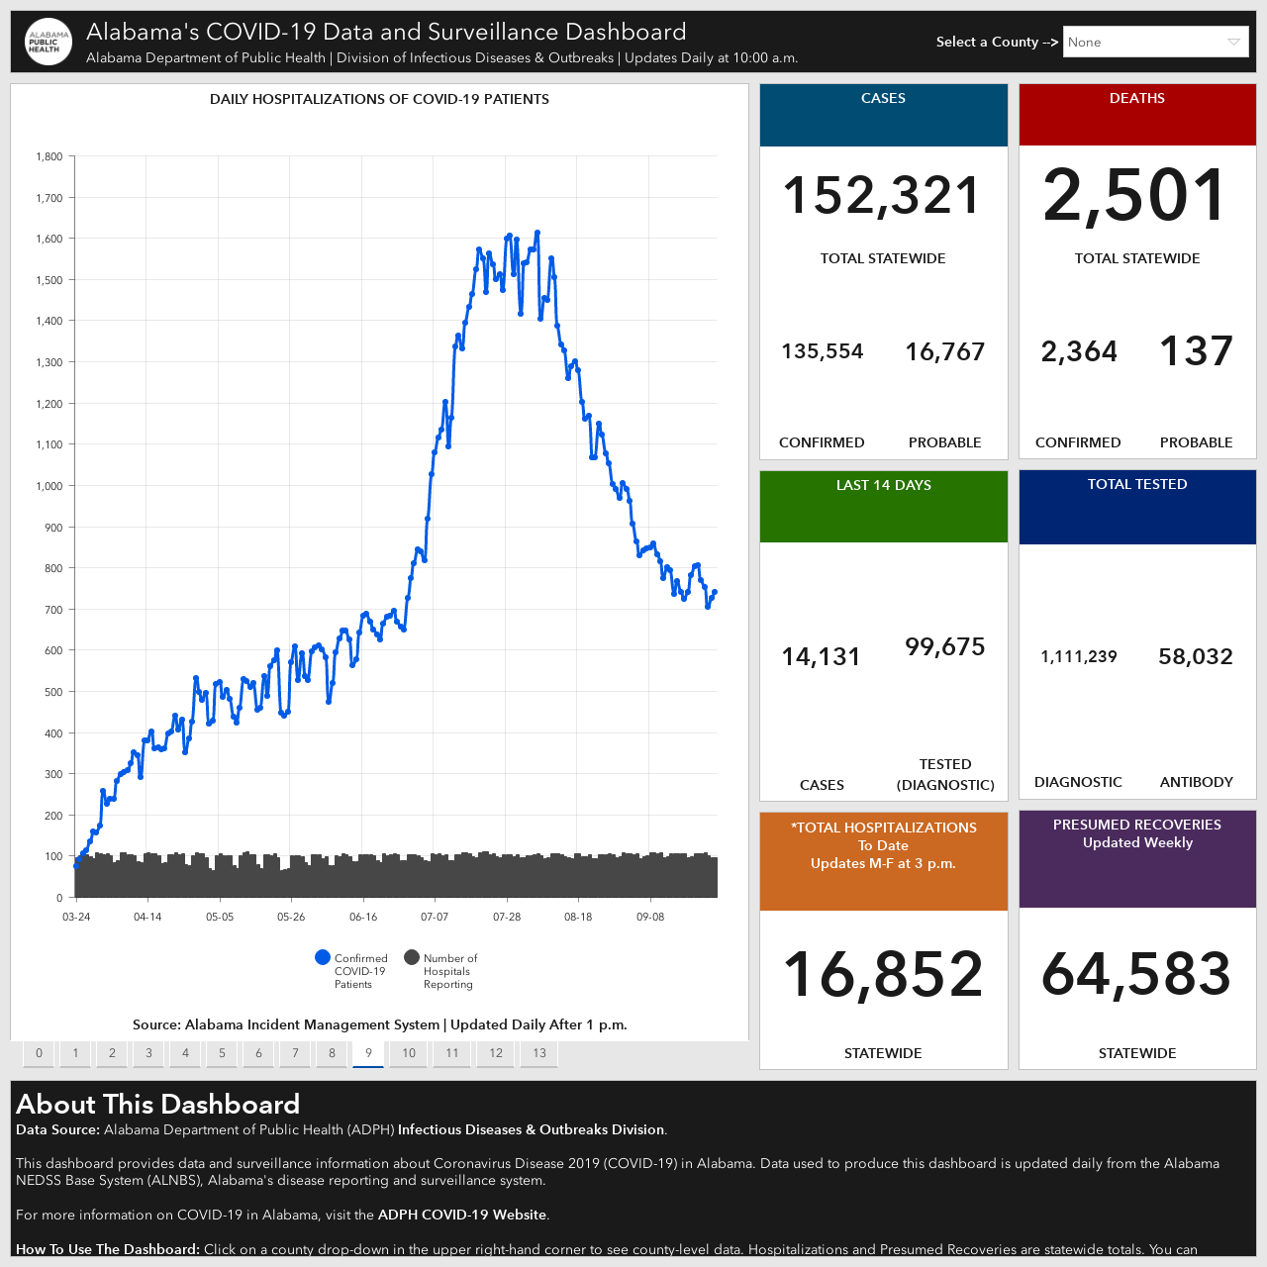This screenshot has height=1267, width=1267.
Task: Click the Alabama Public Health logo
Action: point(48,42)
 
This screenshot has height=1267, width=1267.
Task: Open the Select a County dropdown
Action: point(1155,43)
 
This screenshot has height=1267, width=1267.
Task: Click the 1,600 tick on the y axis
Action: point(49,239)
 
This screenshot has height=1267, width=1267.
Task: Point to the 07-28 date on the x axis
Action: point(506,917)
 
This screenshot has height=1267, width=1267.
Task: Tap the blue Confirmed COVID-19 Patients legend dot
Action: point(322,957)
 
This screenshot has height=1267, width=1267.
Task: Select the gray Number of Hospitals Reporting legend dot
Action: point(412,957)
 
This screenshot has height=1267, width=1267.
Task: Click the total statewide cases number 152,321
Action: point(882,195)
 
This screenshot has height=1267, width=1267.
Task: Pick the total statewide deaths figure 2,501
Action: point(1135,195)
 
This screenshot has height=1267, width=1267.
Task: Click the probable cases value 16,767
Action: point(945,351)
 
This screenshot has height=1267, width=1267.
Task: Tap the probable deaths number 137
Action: point(1196,350)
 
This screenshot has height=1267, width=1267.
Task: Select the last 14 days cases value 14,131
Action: point(821,657)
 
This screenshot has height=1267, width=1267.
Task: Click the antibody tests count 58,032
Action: point(1196,656)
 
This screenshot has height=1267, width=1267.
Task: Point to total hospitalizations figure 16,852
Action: point(883,974)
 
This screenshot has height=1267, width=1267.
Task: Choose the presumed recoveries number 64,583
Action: point(1136,974)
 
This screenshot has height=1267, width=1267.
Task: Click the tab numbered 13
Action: point(539,1052)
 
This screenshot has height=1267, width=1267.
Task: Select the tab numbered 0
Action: point(39,1052)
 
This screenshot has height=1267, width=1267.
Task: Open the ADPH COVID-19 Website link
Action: point(461,1215)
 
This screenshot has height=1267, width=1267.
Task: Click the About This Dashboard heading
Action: point(157,1104)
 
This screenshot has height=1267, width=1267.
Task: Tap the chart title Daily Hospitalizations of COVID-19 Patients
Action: point(379,99)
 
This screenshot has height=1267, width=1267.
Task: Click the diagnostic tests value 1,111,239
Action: point(1078,656)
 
